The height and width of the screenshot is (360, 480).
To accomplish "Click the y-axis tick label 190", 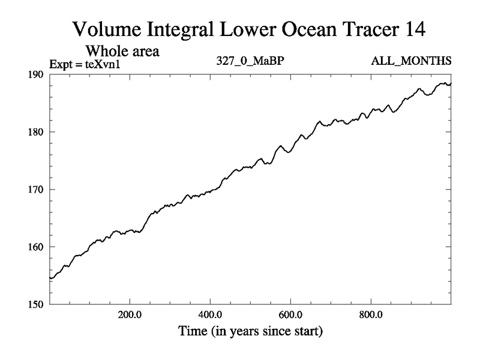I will click(x=37, y=74).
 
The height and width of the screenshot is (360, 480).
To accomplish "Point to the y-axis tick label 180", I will click(x=37, y=132).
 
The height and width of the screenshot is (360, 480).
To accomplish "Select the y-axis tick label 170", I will click(x=37, y=190).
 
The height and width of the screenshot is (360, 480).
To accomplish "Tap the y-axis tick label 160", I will click(x=37, y=247).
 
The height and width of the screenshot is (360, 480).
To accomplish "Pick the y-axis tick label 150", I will click(x=37, y=304).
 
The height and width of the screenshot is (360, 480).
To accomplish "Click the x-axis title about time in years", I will click(x=250, y=331).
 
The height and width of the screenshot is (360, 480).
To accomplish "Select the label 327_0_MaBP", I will click(x=249, y=61).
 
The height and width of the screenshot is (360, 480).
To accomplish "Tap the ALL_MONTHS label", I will click(x=419, y=61).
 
